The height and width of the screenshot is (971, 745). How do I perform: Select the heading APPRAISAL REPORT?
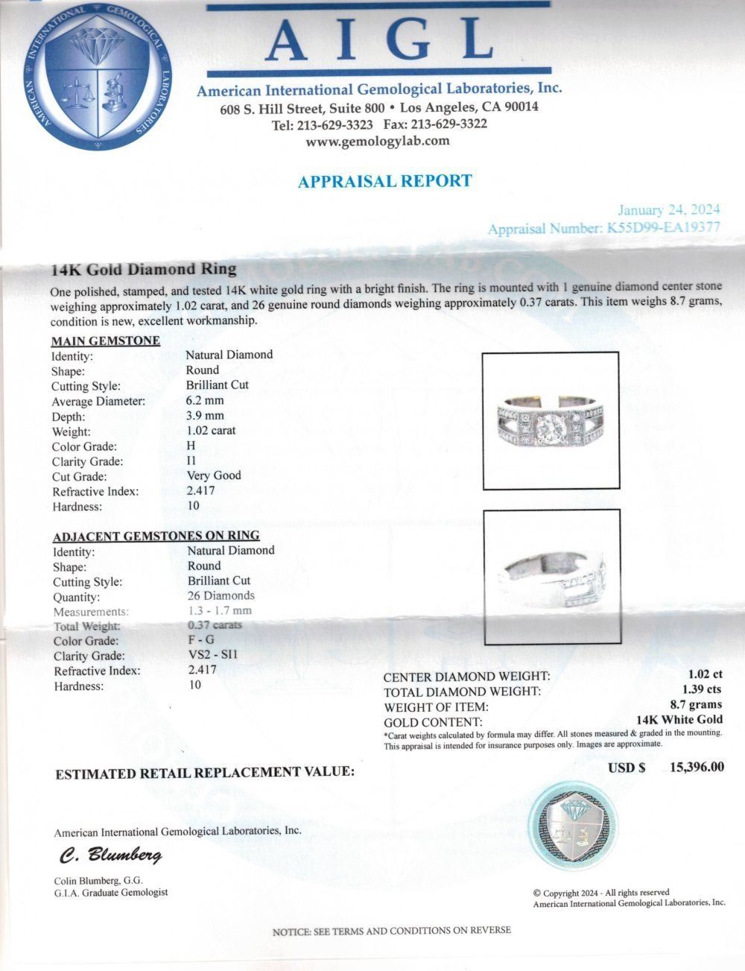(384, 181)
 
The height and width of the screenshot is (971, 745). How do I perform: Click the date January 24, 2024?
(669, 211)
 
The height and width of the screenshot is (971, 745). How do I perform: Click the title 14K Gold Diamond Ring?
(144, 269)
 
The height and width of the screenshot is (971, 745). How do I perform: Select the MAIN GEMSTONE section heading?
(105, 341)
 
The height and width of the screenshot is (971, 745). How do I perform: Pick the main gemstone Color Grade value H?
(190, 446)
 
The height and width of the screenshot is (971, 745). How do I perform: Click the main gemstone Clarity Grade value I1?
(191, 461)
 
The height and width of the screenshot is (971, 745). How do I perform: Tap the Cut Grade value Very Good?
(213, 475)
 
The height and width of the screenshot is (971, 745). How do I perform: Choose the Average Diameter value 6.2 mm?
(205, 400)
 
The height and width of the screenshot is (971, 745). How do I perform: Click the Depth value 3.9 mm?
(205, 416)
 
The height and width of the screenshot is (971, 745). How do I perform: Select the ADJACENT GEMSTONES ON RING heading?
(156, 536)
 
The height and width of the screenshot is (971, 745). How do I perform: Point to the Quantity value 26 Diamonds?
(221, 595)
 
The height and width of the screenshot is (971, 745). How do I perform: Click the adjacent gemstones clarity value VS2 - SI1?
(212, 655)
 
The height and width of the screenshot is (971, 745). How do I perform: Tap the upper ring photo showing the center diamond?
(551, 420)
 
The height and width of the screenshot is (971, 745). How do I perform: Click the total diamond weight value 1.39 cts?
(702, 691)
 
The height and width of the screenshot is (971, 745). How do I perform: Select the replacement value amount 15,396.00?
(696, 767)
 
